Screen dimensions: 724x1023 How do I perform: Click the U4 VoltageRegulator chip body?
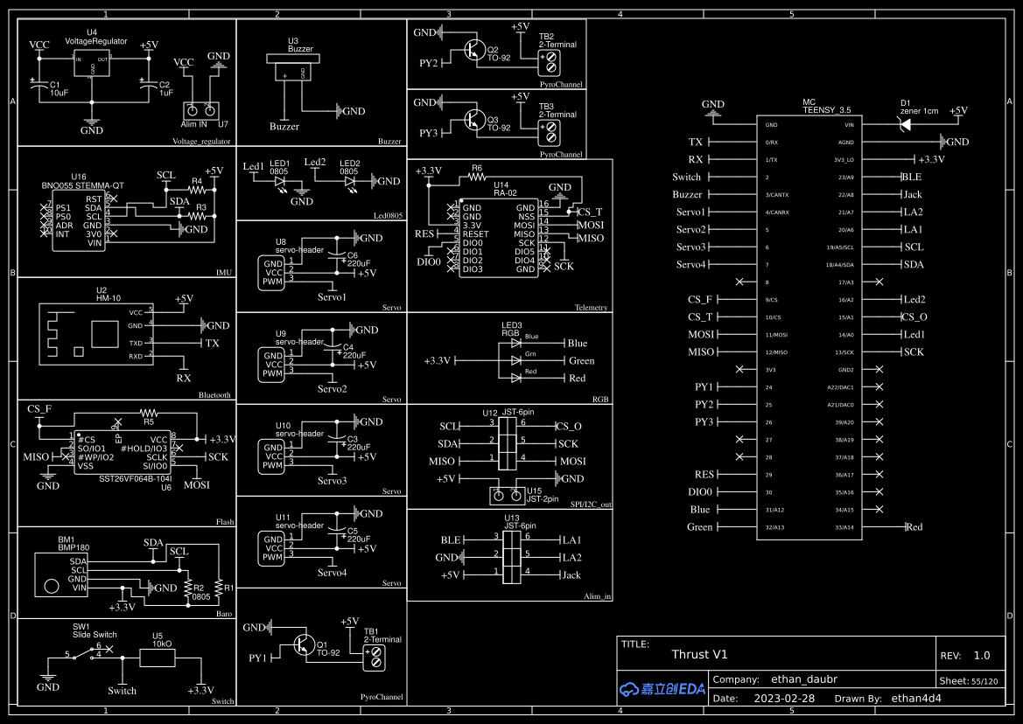point(91,67)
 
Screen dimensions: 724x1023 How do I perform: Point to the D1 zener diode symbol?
point(905,125)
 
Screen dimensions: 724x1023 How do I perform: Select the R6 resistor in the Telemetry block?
point(476,177)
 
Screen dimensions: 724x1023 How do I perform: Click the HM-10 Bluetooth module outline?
point(91,334)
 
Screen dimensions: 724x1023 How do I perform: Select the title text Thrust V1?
point(699,654)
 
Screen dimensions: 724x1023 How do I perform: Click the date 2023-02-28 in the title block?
point(783,699)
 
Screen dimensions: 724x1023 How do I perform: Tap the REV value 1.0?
point(981,655)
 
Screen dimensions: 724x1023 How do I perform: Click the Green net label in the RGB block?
point(581,360)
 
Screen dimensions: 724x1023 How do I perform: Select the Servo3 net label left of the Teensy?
point(690,247)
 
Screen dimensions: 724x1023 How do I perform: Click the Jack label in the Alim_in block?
point(571,574)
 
